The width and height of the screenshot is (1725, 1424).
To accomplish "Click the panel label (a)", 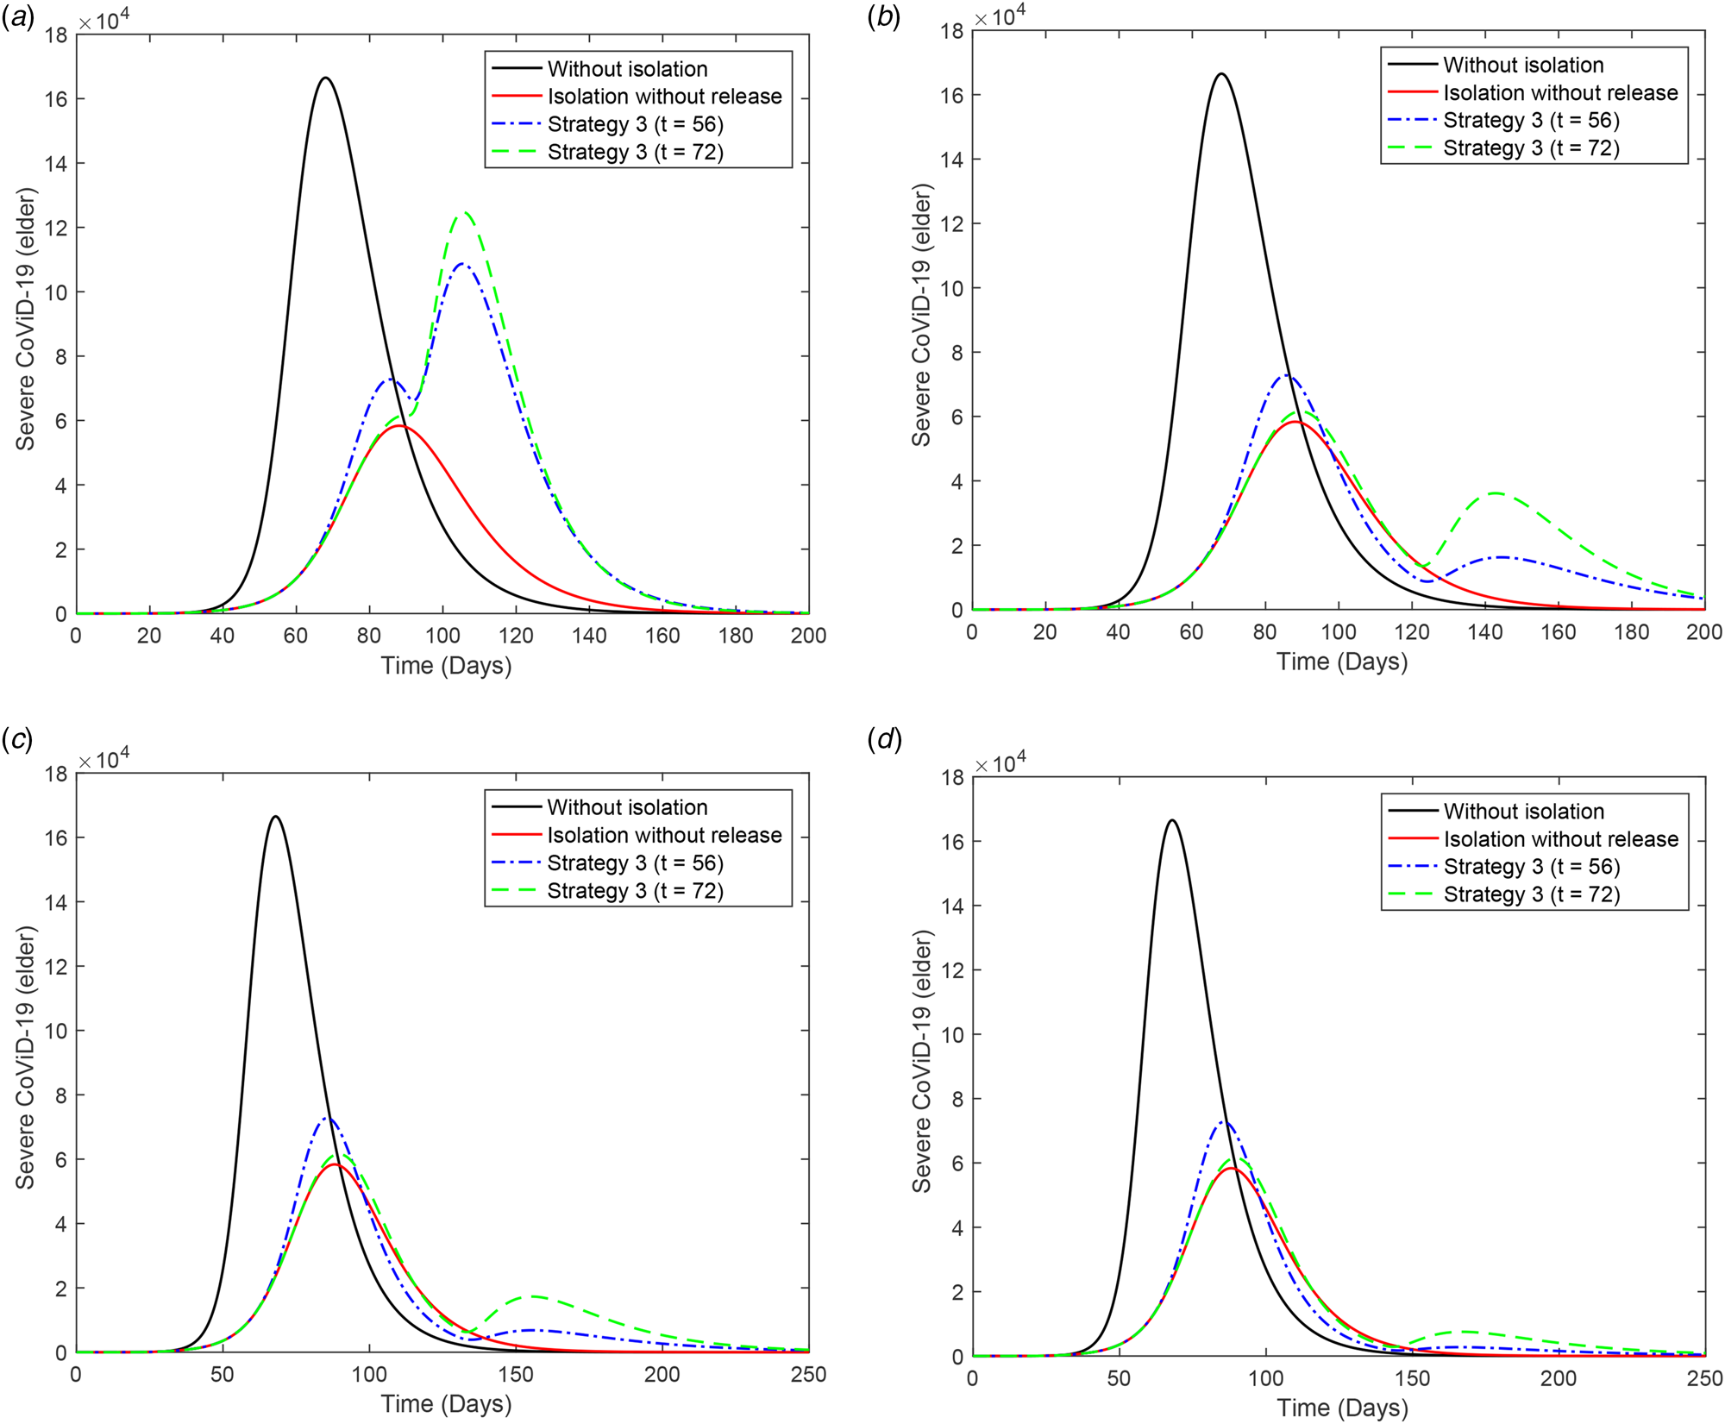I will (18, 18).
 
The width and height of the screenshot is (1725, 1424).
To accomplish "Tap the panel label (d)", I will (884, 740).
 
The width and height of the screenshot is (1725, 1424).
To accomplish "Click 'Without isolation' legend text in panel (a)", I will (627, 69).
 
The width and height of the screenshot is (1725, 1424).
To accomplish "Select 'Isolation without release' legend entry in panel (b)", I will (1560, 93).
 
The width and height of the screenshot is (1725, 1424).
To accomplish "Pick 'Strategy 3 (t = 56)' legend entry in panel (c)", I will (635, 863).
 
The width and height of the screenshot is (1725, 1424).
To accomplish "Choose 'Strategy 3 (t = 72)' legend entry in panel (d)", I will (1531, 894).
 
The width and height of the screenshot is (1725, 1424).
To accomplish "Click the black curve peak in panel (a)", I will (325, 78).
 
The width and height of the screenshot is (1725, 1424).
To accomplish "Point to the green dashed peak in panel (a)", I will (464, 213).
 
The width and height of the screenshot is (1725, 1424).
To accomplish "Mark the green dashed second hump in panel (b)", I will (1495, 493).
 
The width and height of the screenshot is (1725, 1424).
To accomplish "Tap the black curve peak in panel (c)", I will (275, 817).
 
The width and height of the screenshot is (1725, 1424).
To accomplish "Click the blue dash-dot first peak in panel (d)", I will (1223, 1122).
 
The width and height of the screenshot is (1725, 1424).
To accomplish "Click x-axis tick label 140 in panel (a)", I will (589, 637).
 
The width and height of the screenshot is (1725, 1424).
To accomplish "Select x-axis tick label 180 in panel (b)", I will (1631, 632).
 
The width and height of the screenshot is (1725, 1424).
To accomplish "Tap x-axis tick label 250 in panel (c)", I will (808, 1375).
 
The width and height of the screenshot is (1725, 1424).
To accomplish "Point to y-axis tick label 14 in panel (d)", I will (951, 906).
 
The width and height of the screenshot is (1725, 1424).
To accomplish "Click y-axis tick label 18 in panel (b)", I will (951, 31).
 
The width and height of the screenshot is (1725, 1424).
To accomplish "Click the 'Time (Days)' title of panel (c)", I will (446, 1404).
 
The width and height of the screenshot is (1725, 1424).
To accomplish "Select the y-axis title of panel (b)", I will (921, 315).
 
